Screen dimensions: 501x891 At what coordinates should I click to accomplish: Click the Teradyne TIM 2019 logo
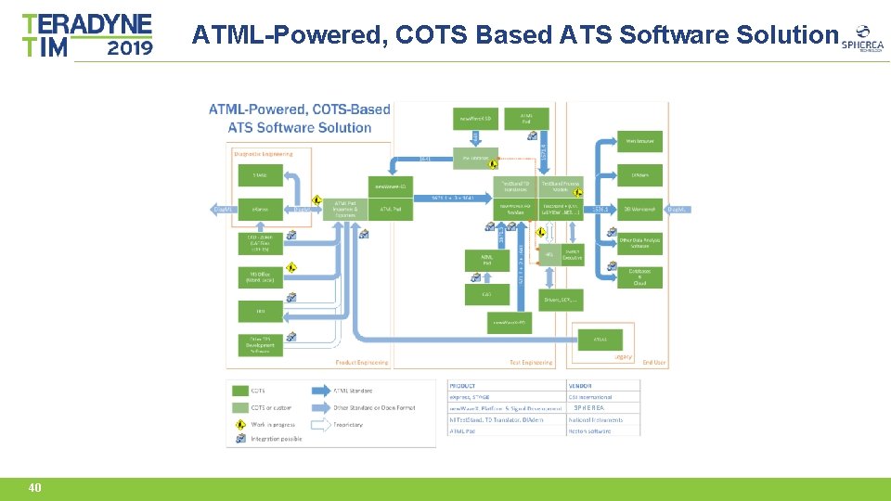coord(87,35)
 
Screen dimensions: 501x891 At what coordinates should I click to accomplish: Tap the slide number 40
coord(34,488)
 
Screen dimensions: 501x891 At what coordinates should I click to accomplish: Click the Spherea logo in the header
coord(862,38)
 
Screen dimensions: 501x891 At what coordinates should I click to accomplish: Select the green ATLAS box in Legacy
coord(600,340)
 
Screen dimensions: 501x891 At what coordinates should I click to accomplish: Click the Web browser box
coord(640,141)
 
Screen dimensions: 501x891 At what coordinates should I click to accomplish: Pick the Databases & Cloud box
coord(640,276)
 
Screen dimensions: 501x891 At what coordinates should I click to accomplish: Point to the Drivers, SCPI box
coord(562,300)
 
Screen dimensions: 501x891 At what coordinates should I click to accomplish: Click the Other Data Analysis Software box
coord(640,243)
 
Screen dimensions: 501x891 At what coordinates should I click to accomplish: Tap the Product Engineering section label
coord(361,363)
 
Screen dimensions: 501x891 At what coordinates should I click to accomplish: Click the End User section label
coord(653,363)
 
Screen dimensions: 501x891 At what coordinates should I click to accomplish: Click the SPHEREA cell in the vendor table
coord(588,408)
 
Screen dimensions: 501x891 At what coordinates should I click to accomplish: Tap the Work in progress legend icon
coord(238,424)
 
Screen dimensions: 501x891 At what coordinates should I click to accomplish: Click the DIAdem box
coord(640,174)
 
